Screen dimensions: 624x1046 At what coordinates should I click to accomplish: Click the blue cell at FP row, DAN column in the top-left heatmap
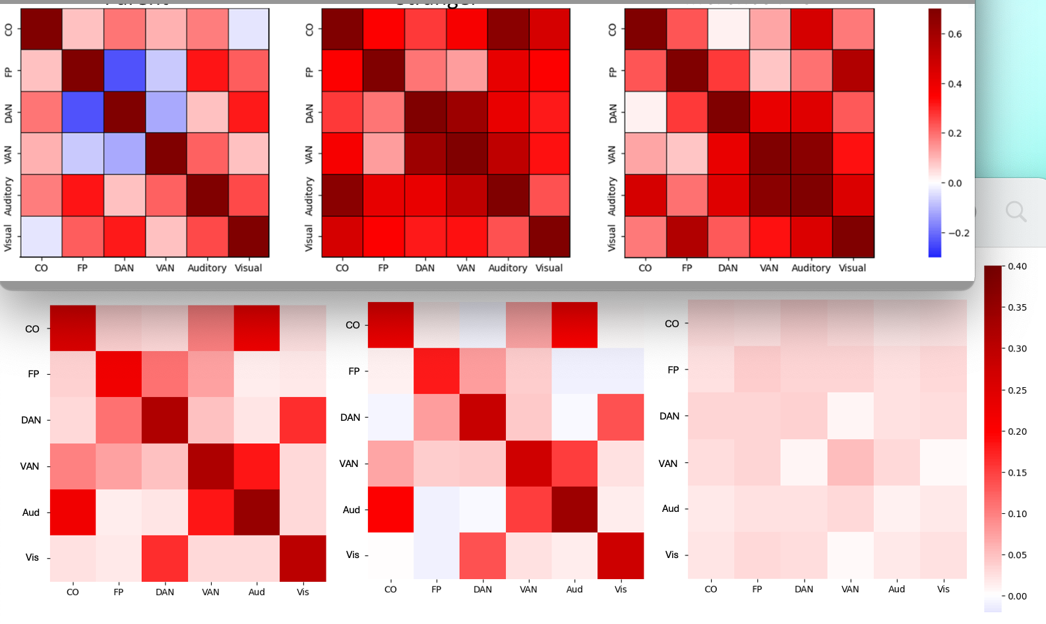click(124, 71)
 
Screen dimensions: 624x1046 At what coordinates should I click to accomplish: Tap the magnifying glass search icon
click(1016, 212)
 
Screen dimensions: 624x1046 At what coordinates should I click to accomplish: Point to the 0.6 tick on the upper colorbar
click(954, 34)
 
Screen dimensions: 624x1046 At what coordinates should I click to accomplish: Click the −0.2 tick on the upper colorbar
click(958, 233)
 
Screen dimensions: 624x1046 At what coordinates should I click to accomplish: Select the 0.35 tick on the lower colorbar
click(1017, 307)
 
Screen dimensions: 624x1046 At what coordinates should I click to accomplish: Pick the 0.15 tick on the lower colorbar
click(1017, 472)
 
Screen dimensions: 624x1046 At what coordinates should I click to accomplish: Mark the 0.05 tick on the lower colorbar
click(1017, 555)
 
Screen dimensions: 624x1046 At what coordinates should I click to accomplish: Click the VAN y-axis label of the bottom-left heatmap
click(30, 466)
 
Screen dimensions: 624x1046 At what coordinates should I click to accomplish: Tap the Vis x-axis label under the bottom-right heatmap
click(943, 589)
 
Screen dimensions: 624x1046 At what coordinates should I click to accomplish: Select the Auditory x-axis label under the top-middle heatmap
click(507, 268)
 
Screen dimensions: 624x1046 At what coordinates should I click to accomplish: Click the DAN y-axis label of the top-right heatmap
click(613, 113)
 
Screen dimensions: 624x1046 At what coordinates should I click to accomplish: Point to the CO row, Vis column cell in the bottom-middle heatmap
click(621, 325)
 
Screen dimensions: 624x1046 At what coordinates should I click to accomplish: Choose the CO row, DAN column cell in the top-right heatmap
click(728, 29)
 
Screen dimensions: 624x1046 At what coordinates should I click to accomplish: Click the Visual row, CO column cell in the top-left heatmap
click(41, 237)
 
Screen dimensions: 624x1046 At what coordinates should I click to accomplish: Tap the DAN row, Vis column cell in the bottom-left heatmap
click(303, 420)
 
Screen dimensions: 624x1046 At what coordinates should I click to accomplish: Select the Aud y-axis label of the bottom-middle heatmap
click(352, 510)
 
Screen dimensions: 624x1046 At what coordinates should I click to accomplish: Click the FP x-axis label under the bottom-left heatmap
click(119, 592)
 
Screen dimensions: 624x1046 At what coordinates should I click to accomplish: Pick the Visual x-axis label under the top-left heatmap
click(248, 268)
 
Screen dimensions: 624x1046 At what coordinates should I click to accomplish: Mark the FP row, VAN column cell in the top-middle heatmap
click(466, 71)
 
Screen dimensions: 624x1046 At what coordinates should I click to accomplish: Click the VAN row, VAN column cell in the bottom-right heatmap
click(850, 462)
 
